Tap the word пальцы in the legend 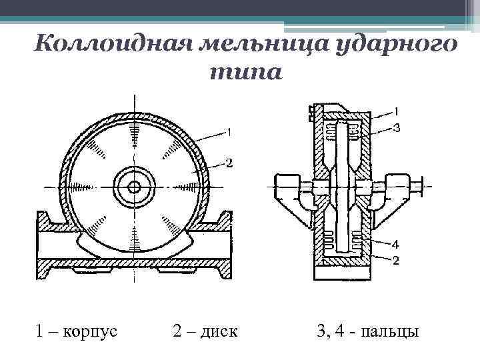(x=390, y=331)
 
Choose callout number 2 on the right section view (x=395, y=260)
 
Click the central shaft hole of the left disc (x=134, y=187)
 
